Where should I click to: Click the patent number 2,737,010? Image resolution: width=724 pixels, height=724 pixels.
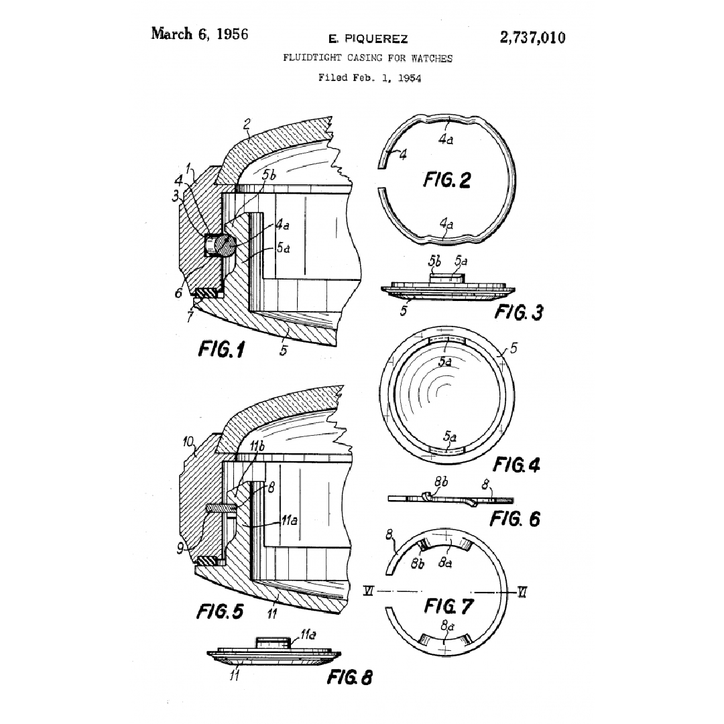532,38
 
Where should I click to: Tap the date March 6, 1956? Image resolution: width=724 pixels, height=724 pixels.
200,34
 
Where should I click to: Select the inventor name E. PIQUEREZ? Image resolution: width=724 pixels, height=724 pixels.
368,39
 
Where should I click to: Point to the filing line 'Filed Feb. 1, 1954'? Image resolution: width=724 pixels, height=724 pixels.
369,78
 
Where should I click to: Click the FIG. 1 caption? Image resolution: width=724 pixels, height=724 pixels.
221,349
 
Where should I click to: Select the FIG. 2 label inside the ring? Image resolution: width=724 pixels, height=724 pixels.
447,179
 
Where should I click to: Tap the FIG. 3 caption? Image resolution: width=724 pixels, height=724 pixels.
519,312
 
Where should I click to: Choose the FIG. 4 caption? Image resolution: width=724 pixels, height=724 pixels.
517,464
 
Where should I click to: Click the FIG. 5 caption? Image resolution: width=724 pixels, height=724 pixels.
220,611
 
